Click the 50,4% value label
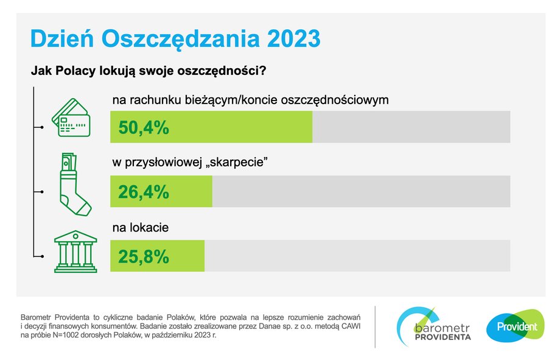(144, 128)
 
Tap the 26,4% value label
(144, 192)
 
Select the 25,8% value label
(144, 256)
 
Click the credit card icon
(71, 118)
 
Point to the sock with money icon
(75, 184)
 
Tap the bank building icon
(75, 252)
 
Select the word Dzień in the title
(62, 38)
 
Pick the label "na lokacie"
(141, 228)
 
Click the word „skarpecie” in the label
(237, 163)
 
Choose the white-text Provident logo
(516, 326)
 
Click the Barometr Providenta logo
(433, 326)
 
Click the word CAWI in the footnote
(351, 326)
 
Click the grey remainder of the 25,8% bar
(357, 256)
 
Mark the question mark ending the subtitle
(263, 71)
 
